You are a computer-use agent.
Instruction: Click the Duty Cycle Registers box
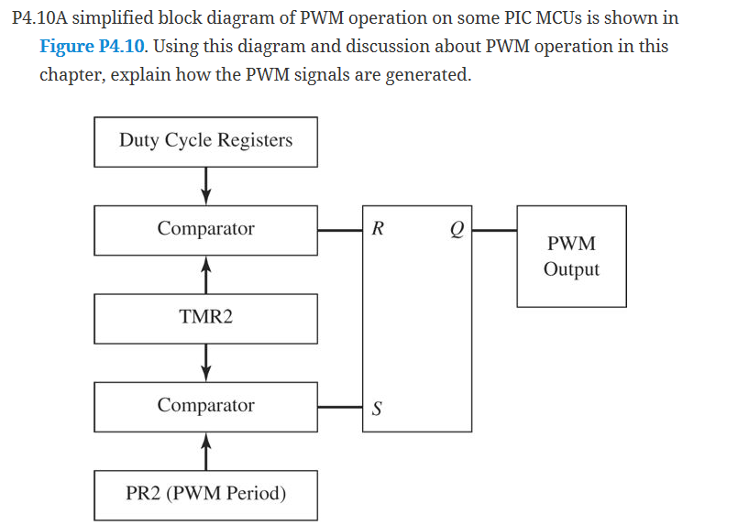(205, 141)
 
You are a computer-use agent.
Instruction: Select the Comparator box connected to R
(205, 229)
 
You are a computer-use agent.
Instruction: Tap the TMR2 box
(205, 318)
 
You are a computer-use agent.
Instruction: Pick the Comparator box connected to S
(205, 406)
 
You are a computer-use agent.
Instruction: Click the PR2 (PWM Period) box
(205, 495)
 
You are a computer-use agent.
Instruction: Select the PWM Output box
(571, 257)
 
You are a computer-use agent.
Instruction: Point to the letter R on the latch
(378, 229)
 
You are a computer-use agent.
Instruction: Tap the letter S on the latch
(377, 409)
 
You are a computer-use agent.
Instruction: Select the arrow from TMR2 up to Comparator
(206, 274)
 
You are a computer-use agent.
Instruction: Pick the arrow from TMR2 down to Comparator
(206, 362)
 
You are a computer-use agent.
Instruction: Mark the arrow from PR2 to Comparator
(206, 451)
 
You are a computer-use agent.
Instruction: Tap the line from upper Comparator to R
(340, 230)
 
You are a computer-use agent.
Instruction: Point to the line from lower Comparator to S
(340, 407)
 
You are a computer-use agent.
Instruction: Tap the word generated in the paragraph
(426, 74)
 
